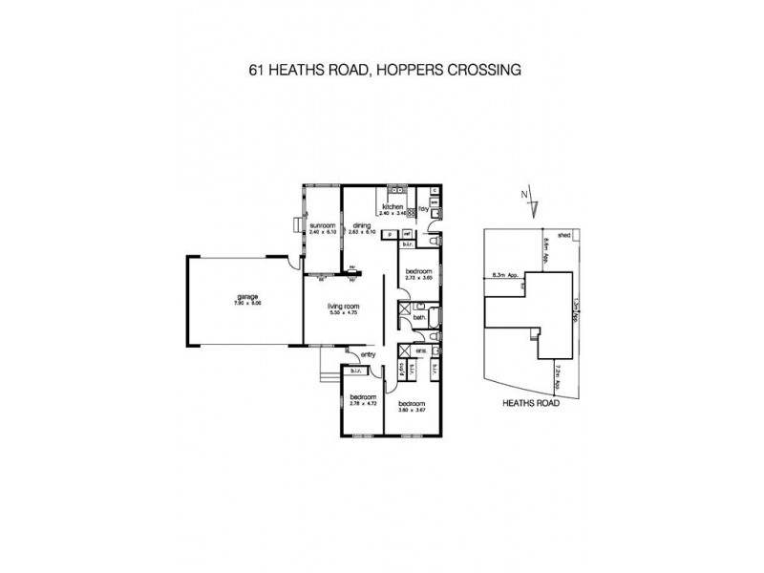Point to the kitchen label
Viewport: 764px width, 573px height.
click(392, 207)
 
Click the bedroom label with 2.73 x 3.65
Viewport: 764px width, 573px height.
click(419, 272)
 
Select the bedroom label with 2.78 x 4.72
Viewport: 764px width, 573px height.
click(362, 396)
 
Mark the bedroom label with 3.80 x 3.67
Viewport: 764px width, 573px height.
click(412, 403)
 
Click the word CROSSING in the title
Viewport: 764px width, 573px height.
click(471, 70)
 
